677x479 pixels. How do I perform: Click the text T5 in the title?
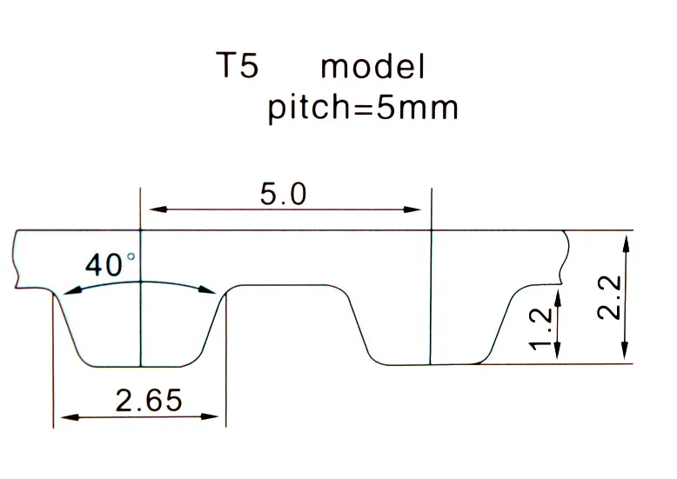pos(238,67)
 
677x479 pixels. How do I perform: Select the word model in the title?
pos(372,67)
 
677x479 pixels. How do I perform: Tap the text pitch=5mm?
pos(362,110)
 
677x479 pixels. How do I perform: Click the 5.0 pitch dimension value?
pos(284,194)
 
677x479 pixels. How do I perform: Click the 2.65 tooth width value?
pos(149,401)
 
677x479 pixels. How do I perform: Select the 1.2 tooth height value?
pos(540,328)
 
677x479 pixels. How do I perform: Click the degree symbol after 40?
pos(132,257)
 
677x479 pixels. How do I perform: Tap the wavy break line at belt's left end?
pos(16,259)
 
